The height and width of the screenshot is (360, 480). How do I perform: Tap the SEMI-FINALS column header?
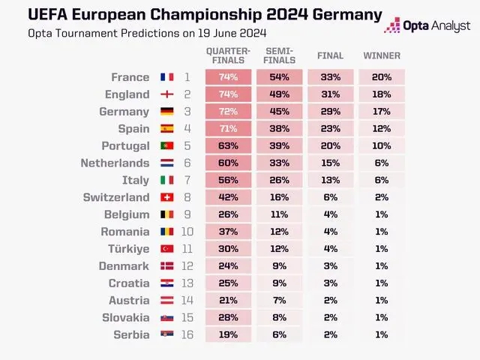pyautogui.click(x=280, y=55)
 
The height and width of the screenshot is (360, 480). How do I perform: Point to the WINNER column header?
pyautogui.click(x=382, y=55)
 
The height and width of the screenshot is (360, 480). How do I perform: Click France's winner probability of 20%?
pyautogui.click(x=382, y=77)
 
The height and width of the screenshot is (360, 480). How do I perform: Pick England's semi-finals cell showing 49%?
pyautogui.click(x=280, y=94)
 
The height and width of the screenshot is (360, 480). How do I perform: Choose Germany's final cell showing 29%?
pyautogui.click(x=330, y=112)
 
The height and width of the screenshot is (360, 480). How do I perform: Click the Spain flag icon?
pyautogui.click(x=166, y=129)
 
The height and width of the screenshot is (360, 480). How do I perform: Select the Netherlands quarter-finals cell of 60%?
pyautogui.click(x=228, y=163)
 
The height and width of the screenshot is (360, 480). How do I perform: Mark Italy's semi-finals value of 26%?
pyautogui.click(x=280, y=180)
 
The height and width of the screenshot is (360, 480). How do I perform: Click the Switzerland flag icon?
pyautogui.click(x=166, y=197)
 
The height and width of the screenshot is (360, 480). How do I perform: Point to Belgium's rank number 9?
pyautogui.click(x=187, y=214)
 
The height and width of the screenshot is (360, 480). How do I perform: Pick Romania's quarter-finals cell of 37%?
pyautogui.click(x=228, y=232)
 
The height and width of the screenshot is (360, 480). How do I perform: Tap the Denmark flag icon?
pyautogui.click(x=166, y=266)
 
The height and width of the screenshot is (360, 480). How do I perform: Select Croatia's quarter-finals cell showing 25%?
pyautogui.click(x=228, y=283)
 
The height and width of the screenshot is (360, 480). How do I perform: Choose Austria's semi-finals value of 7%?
pyautogui.click(x=280, y=301)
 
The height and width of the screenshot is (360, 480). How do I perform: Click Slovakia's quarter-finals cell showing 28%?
pyautogui.click(x=228, y=318)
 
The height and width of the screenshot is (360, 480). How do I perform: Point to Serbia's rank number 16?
pyautogui.click(x=187, y=334)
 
